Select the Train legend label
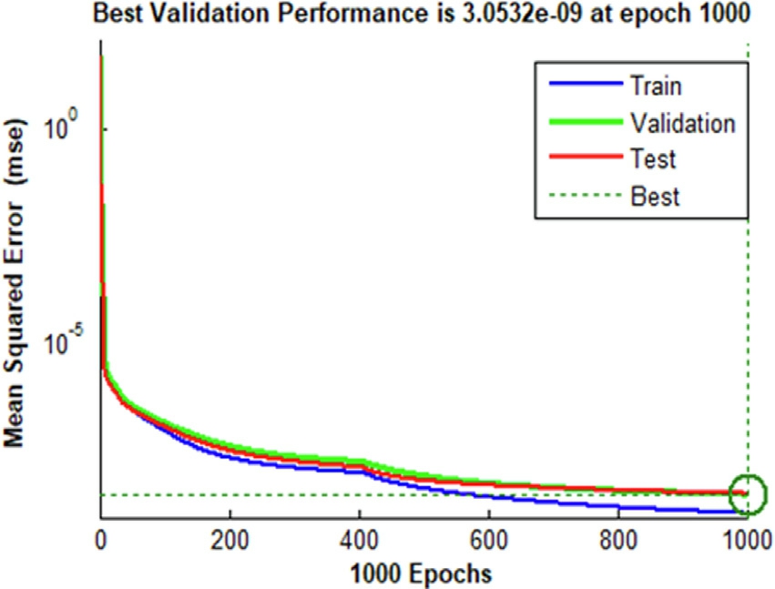tap(655, 87)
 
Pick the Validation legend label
tap(681, 123)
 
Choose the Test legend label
tap(652, 159)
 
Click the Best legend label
tap(654, 196)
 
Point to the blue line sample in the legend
tap(583, 87)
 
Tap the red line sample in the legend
tap(583, 159)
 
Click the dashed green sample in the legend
tap(583, 196)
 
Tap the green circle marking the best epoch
tap(748, 493)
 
